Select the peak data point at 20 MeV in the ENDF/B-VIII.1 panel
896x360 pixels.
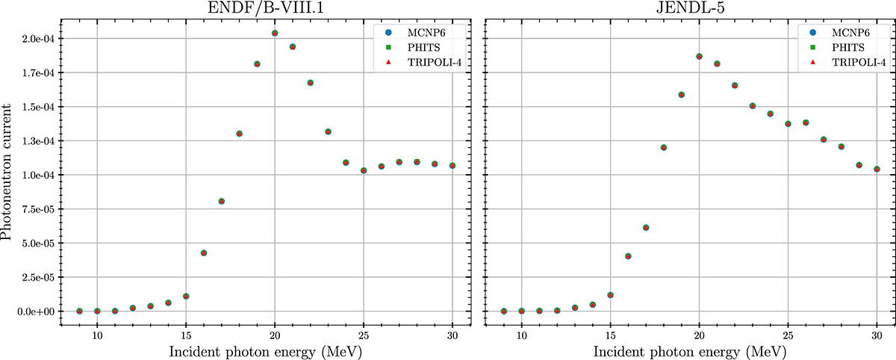coord(275,33)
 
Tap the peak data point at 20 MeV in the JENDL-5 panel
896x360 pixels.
coord(700,56)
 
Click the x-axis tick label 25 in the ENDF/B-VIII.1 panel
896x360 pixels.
coord(364,337)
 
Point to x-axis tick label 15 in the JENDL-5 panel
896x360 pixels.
coord(611,337)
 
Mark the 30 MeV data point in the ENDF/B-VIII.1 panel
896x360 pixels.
coord(452,165)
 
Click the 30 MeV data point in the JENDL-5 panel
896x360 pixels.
coord(877,169)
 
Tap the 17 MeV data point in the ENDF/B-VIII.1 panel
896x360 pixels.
coord(222,201)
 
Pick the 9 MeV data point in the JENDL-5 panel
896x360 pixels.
coord(504,311)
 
